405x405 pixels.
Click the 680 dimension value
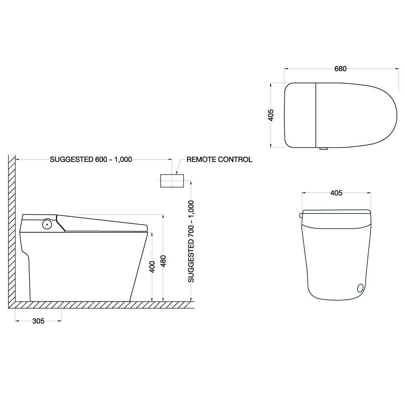(340, 69)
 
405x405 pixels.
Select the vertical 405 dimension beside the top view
(271, 115)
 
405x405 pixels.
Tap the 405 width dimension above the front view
(336, 193)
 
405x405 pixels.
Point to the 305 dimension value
(38, 321)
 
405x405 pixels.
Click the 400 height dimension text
(152, 266)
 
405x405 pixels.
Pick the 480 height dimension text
(163, 261)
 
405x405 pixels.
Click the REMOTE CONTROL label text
(219, 160)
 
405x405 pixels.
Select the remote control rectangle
(172, 181)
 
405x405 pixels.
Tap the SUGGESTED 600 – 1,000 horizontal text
(91, 160)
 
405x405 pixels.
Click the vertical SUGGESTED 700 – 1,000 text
(191, 241)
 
